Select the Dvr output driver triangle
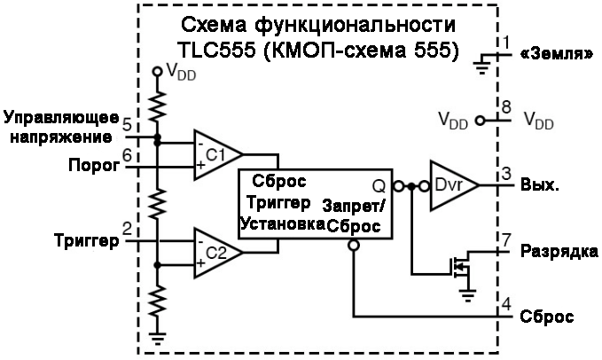(450, 185)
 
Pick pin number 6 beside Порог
(128, 154)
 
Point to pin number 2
(128, 229)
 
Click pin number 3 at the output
(505, 173)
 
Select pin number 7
(505, 240)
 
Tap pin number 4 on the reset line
(505, 305)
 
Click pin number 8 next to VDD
(505, 106)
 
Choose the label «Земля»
(558, 53)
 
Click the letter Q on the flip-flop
(379, 186)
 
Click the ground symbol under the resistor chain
(157, 336)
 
